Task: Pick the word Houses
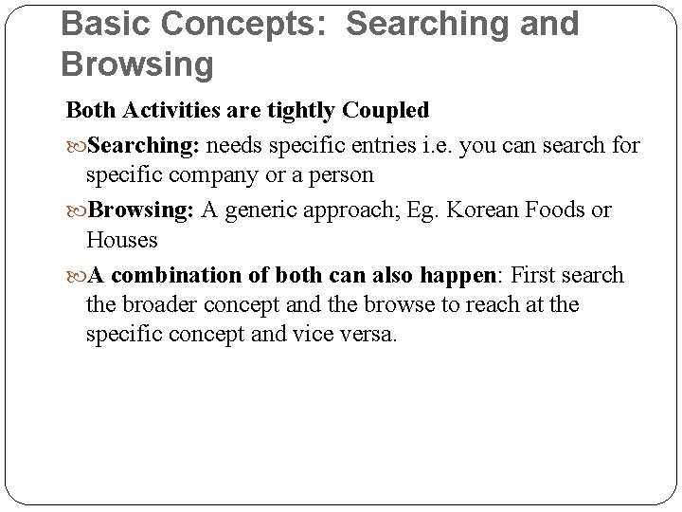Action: [x=121, y=240]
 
